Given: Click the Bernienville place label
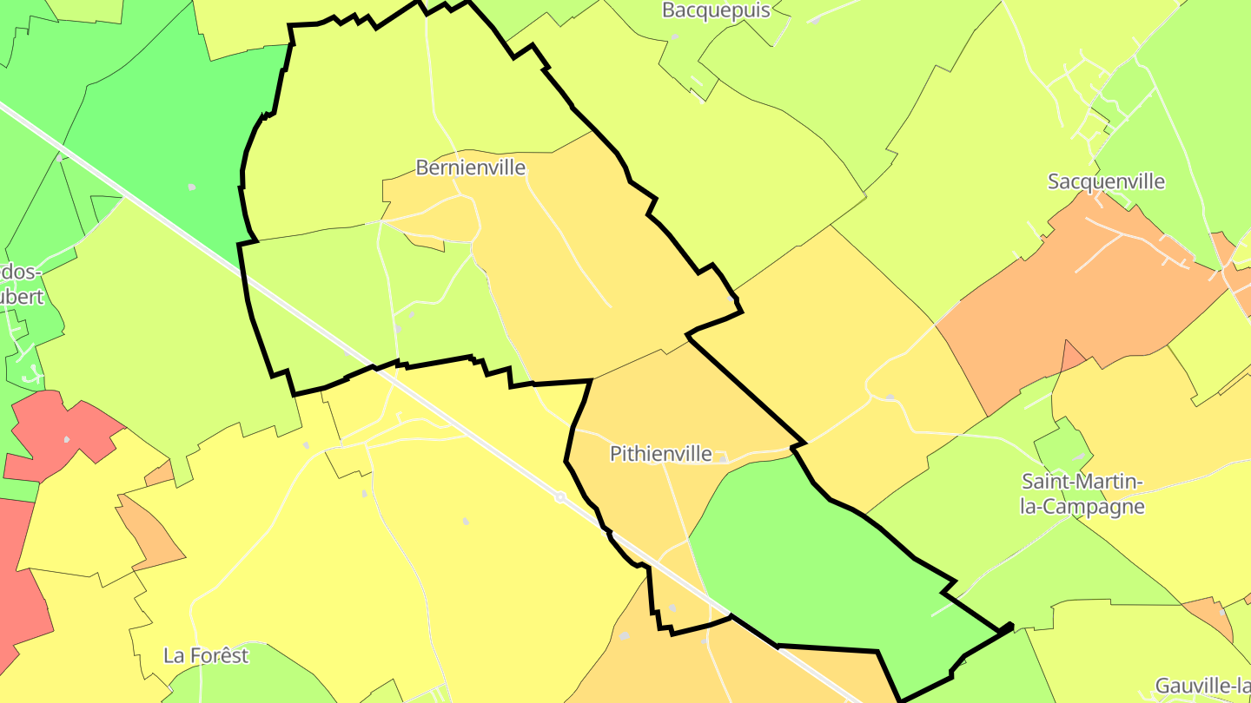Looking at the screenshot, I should pos(471,167).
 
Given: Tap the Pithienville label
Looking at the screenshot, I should pos(660,453).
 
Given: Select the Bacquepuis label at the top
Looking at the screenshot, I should pos(716,10).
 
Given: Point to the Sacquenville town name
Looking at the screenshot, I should pos(1106,181).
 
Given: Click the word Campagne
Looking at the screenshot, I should pos(1082,507).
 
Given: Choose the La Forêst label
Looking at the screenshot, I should pos(206,655).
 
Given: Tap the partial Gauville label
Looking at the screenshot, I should pos(1202,686).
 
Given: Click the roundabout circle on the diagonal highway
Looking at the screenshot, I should pos(560,497).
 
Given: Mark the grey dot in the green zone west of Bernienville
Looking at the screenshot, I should pos(191,187).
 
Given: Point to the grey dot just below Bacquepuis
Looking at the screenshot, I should pos(675,36).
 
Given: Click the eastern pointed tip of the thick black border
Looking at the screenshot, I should pos(1011,626).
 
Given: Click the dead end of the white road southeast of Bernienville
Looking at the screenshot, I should pos(610,306).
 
